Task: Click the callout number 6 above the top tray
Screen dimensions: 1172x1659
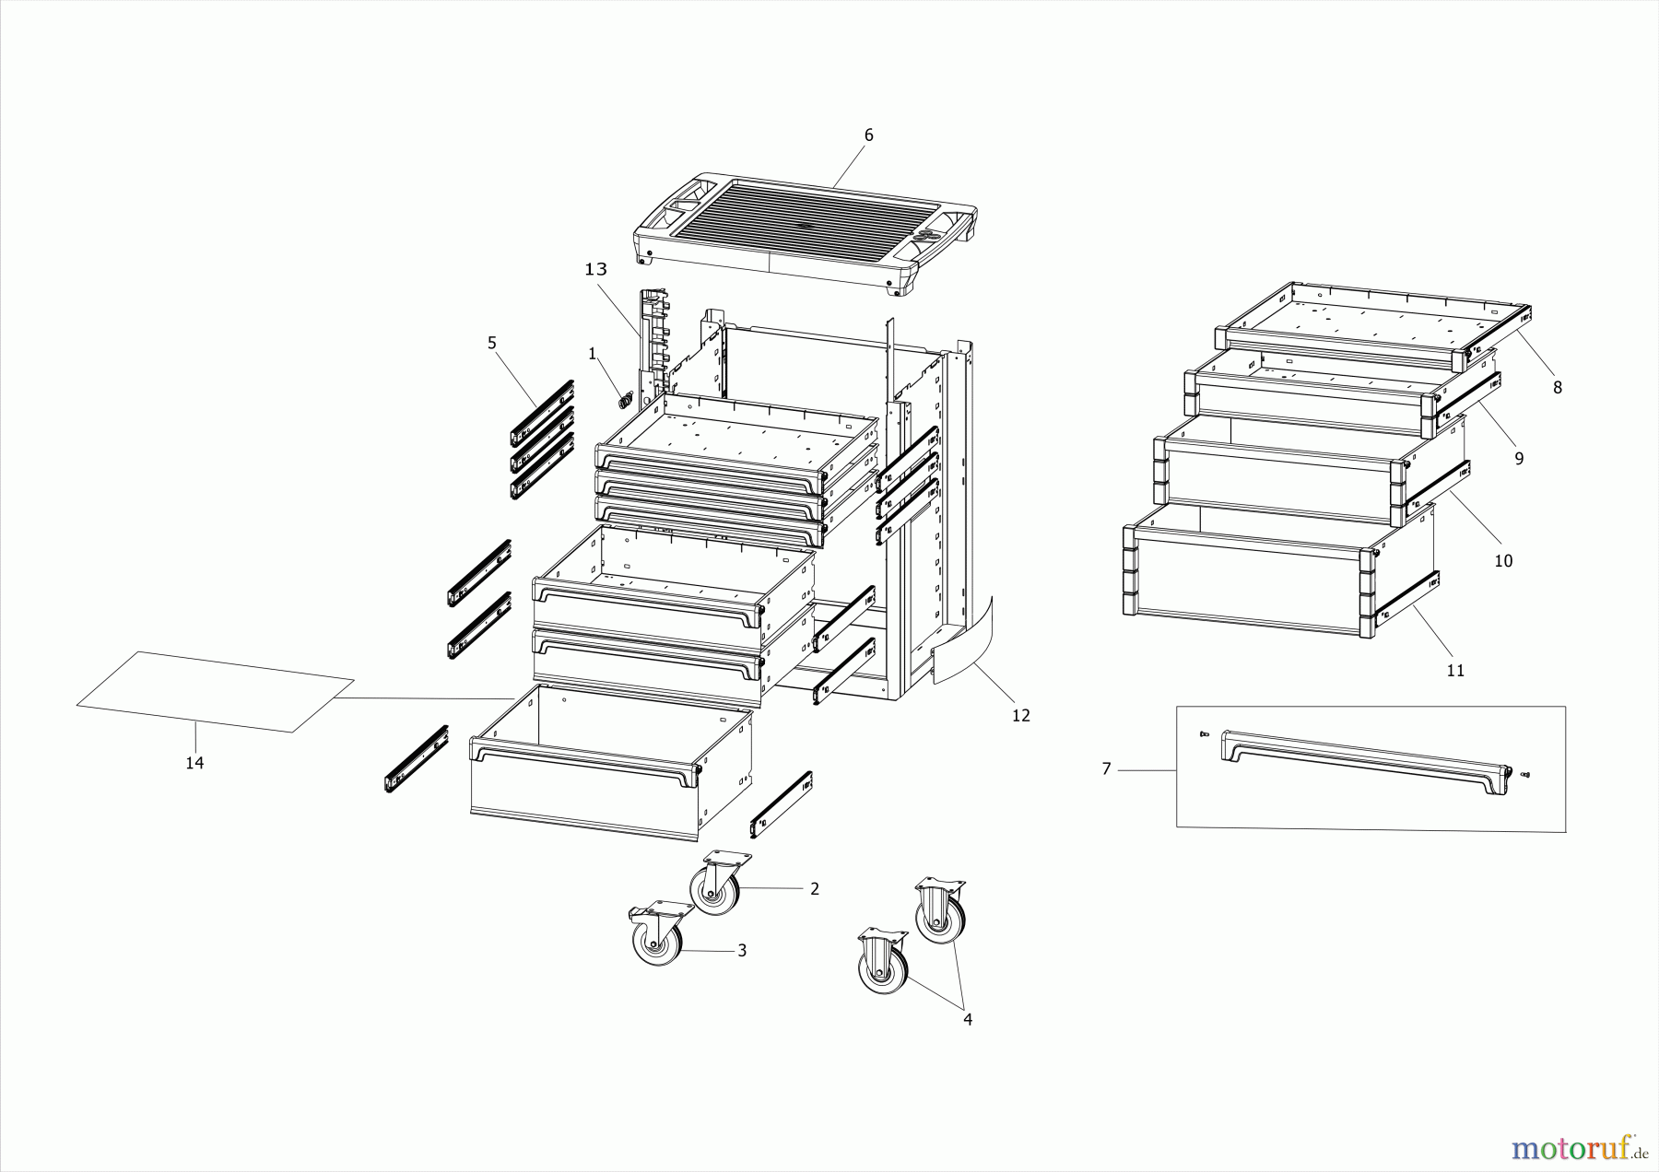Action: click(x=868, y=135)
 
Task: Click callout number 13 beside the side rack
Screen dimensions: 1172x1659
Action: click(x=596, y=269)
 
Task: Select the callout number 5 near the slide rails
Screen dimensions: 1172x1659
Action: click(x=492, y=343)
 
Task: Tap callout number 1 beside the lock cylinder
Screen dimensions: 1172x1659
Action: click(x=593, y=353)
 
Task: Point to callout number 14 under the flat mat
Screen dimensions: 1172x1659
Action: click(x=194, y=763)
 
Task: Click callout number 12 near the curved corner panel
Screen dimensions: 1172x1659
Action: click(x=1020, y=715)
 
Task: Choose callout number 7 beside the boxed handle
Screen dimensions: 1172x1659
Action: click(x=1107, y=768)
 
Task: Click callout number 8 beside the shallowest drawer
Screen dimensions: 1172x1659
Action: click(x=1558, y=388)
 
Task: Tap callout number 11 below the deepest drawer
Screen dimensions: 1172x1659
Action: click(x=1455, y=671)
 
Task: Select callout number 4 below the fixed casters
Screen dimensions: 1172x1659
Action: click(x=968, y=1019)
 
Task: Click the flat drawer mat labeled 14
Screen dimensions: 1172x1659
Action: click(x=215, y=691)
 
